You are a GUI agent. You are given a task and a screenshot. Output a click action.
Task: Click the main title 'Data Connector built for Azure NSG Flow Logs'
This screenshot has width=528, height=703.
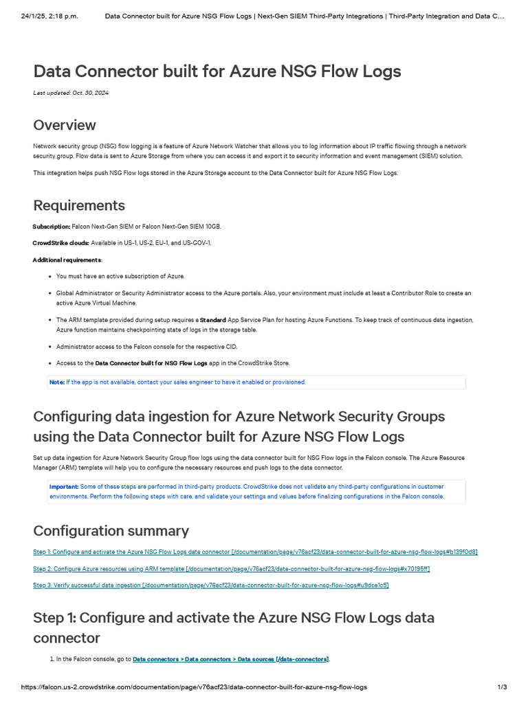click(x=217, y=71)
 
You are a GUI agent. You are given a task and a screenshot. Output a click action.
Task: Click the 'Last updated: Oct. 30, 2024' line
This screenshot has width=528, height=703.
click(x=71, y=93)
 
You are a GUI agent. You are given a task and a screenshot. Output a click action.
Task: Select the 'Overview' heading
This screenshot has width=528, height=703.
click(x=65, y=125)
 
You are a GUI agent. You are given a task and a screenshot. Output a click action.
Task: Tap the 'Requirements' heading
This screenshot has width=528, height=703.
click(x=79, y=205)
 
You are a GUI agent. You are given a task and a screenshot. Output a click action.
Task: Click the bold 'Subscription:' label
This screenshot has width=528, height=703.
click(x=52, y=227)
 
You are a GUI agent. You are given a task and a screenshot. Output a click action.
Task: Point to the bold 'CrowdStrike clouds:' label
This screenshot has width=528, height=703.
click(x=61, y=243)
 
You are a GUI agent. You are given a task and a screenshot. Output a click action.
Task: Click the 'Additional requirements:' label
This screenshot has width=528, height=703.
click(x=67, y=260)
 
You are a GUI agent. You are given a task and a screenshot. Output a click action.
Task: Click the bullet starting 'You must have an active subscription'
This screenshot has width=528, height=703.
click(x=120, y=276)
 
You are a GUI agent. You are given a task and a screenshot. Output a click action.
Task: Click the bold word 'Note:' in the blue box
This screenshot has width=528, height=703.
click(x=56, y=382)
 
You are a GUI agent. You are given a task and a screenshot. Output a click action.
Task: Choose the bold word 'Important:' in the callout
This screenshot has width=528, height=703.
click(x=64, y=486)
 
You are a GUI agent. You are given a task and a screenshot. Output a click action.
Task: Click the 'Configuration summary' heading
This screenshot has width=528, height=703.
click(x=111, y=531)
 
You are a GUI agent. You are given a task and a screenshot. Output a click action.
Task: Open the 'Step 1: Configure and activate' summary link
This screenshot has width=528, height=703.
click(x=255, y=552)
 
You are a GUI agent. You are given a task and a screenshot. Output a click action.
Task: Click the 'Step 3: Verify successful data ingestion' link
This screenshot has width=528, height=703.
click(x=210, y=586)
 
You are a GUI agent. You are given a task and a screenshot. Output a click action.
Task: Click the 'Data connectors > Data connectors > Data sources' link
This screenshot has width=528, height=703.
click(x=230, y=659)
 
